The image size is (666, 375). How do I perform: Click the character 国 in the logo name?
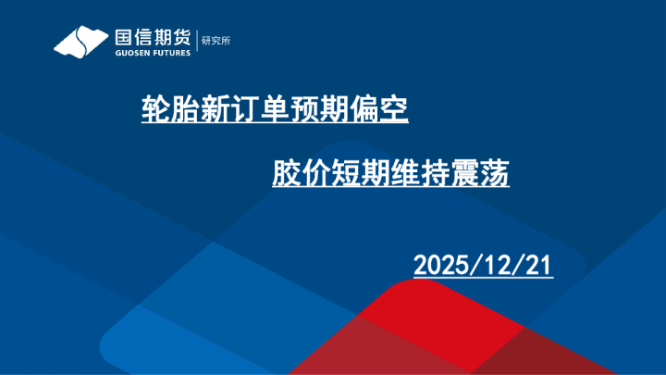(124, 38)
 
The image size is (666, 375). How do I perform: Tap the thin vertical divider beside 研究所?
(197, 41)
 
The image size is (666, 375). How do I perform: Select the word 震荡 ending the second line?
(482, 173)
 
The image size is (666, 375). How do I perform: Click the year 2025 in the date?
(442, 266)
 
